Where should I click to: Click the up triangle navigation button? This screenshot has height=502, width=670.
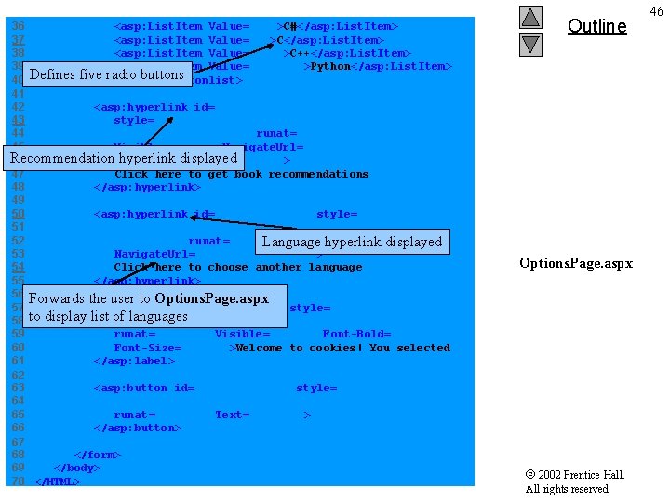pos(530,17)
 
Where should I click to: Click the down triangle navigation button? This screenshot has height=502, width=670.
pos(530,44)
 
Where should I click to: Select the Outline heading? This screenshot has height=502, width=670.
pos(596,26)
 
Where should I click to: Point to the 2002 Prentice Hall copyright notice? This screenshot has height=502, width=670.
pos(575,482)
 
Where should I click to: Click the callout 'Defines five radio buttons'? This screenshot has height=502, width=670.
pos(107,74)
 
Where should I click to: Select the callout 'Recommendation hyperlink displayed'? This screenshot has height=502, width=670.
pos(124,158)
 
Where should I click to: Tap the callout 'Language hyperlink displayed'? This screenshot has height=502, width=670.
pos(352,242)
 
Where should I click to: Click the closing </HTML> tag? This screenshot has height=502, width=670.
pos(58,482)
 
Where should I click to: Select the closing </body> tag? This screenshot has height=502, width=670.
pos(77,468)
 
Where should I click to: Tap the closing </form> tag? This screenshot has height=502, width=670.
pos(98,455)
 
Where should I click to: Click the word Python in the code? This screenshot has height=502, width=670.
pos(330,67)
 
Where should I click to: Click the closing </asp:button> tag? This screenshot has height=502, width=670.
pos(138,428)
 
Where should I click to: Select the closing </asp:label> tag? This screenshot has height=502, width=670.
pos(134,361)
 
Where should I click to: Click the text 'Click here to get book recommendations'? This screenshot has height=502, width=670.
pos(241,174)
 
